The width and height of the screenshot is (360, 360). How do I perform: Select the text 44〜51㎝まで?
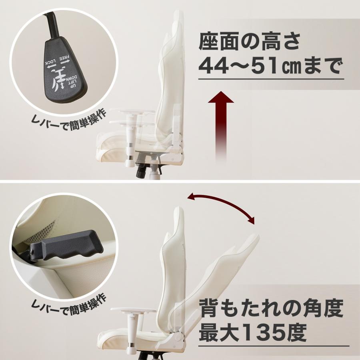point(271,66)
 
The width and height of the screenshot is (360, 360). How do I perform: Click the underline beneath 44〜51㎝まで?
point(271,79)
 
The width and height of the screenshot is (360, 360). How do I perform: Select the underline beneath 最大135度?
point(274,346)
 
